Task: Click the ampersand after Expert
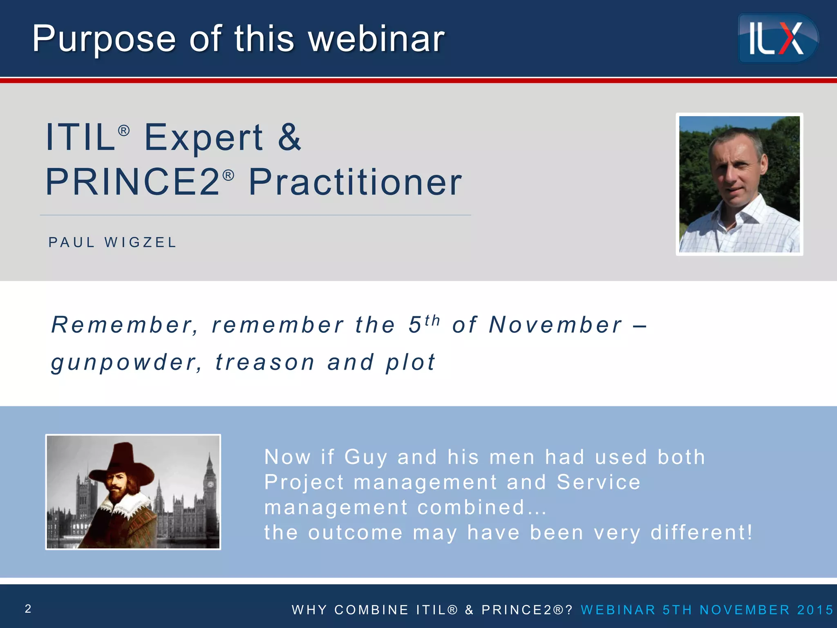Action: pos(289,137)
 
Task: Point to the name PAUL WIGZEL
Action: pos(112,242)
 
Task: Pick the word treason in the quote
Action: pos(265,363)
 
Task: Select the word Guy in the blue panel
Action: pos(365,458)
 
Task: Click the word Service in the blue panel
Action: pos(598,482)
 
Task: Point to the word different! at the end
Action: pos(701,533)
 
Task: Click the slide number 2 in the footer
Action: pos(28,609)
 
